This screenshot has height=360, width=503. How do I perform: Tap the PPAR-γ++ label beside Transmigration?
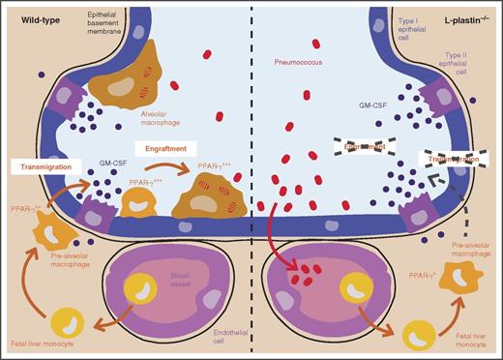tap(28, 206)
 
